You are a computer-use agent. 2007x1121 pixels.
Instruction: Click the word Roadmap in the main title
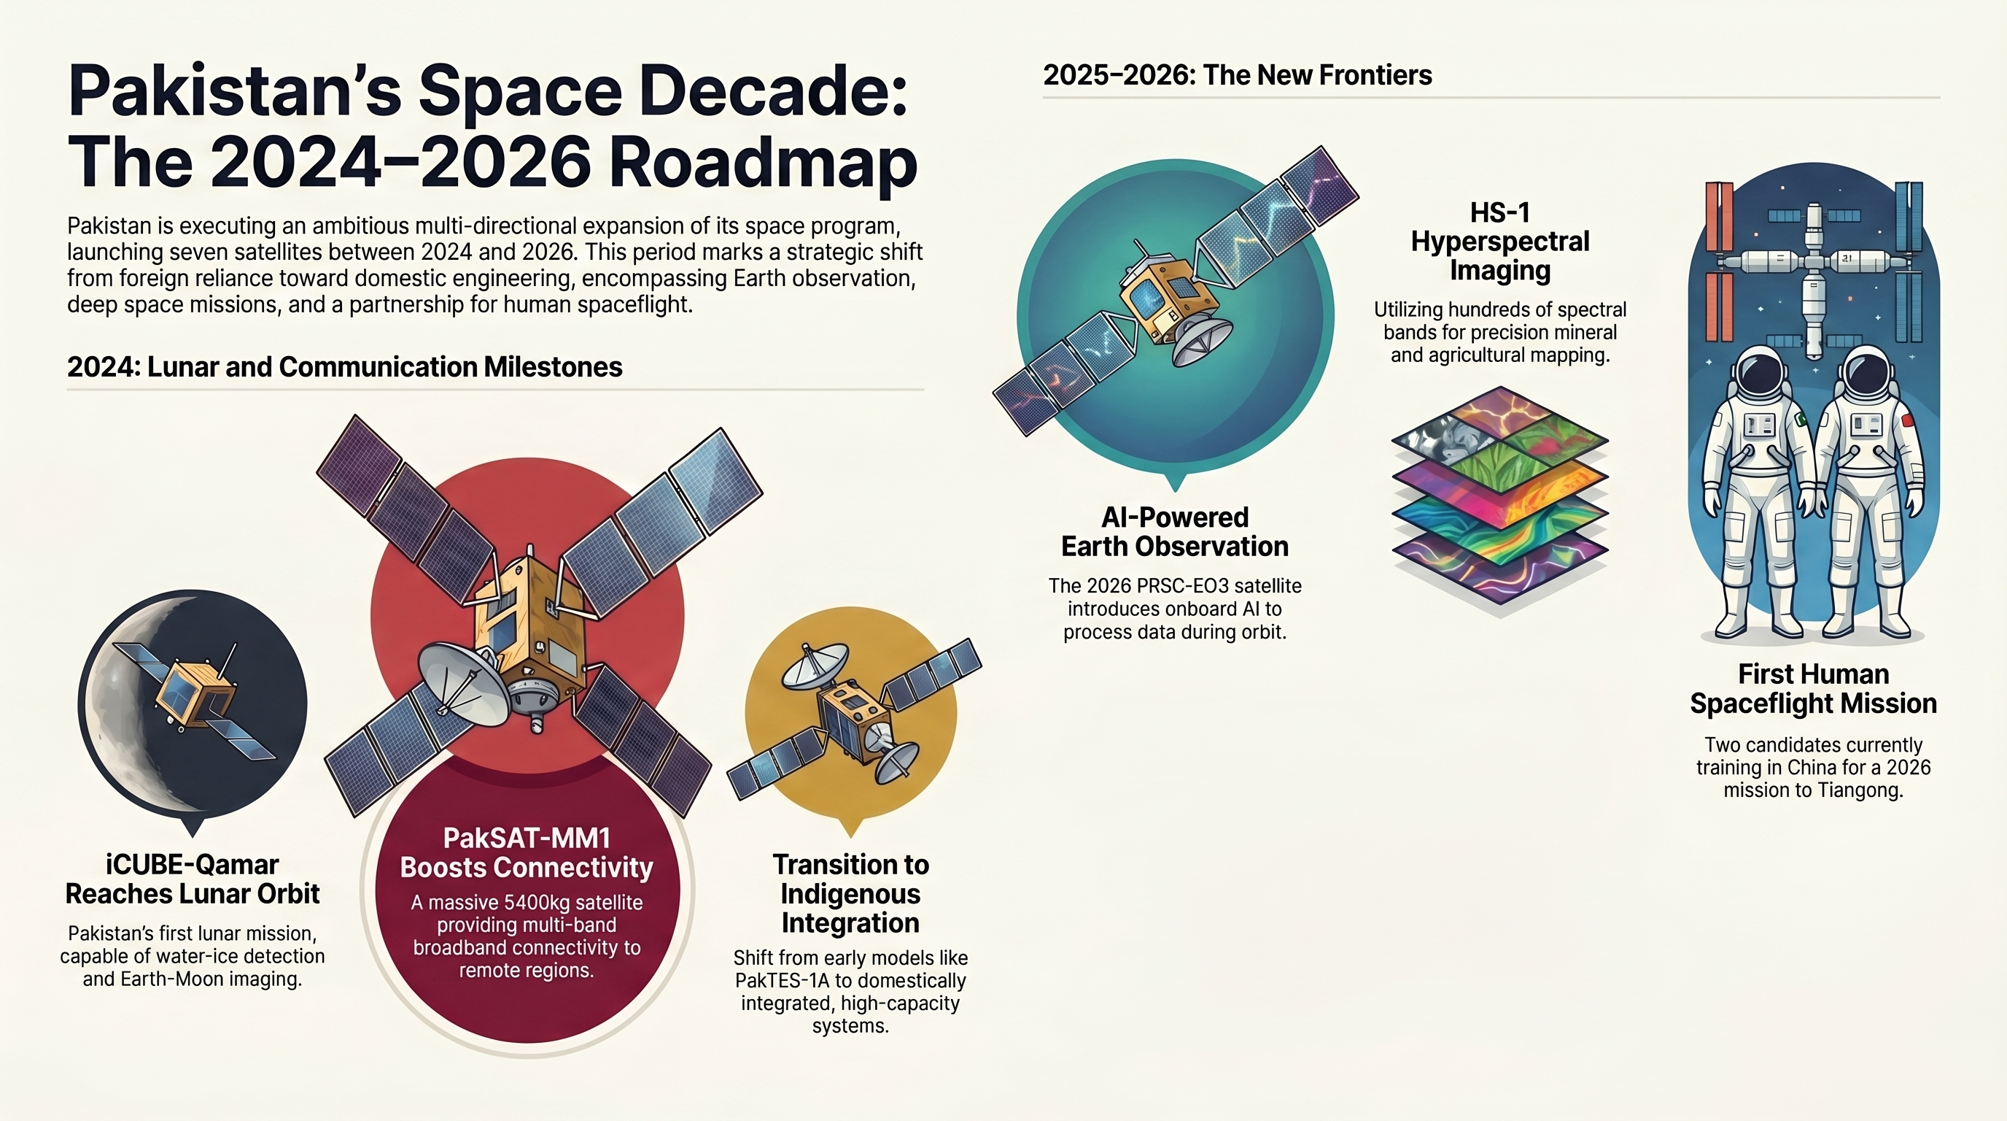(x=762, y=163)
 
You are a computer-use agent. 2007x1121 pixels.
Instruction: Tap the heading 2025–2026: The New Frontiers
(x=1236, y=76)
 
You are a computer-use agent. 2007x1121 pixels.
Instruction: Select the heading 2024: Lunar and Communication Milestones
(x=344, y=367)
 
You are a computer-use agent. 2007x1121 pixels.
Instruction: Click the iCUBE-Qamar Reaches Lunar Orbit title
(x=193, y=879)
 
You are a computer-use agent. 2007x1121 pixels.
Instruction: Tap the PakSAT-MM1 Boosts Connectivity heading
(x=527, y=853)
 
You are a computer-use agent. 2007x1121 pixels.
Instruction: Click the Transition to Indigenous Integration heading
(x=850, y=893)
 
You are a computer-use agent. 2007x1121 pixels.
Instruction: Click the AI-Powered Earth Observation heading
(x=1174, y=531)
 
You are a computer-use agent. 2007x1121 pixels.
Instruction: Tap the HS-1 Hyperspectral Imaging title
(x=1500, y=242)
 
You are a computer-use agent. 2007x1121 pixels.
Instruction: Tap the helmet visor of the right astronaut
(x=1867, y=375)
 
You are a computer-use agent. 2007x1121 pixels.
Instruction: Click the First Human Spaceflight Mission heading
(x=1813, y=688)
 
